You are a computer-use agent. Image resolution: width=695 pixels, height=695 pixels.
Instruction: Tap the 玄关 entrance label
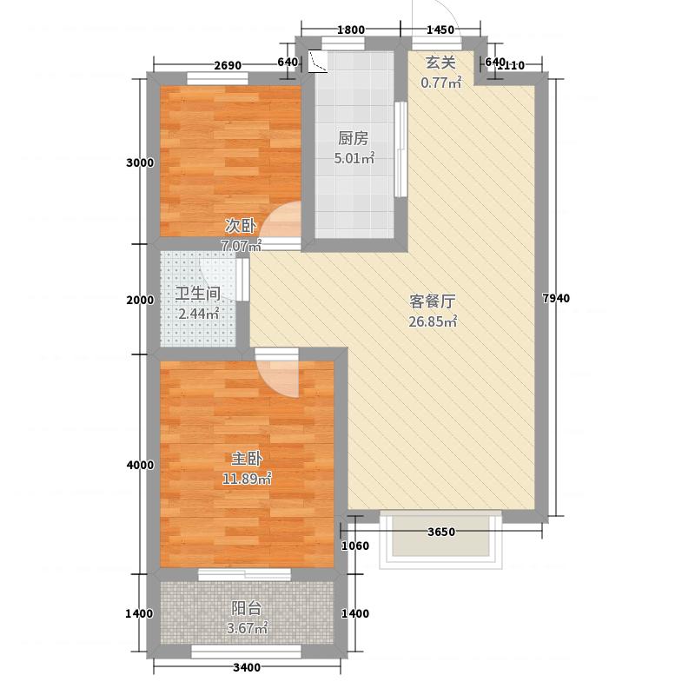point(440,63)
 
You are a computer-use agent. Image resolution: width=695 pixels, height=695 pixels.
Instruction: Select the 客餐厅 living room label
point(433,302)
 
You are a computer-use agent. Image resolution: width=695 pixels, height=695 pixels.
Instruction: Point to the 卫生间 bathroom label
point(195,294)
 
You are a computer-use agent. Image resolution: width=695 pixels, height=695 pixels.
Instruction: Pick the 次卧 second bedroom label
point(240,225)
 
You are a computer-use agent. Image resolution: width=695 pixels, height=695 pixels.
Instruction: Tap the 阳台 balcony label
point(247,608)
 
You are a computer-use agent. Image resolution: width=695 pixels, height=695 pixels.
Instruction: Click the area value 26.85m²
point(433,322)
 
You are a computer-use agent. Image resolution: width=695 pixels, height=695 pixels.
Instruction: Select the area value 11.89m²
point(247,478)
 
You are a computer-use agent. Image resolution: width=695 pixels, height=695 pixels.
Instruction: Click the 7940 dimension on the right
point(556,300)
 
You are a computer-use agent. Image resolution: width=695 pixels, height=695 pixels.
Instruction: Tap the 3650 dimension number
point(441,533)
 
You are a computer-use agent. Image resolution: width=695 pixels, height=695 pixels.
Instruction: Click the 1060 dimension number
point(356,546)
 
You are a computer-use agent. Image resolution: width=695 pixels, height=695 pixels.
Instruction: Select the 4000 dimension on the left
point(139,466)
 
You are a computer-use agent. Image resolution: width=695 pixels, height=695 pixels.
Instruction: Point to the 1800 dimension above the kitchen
point(349,30)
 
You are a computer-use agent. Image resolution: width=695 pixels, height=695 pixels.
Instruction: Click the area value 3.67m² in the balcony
point(247,628)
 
